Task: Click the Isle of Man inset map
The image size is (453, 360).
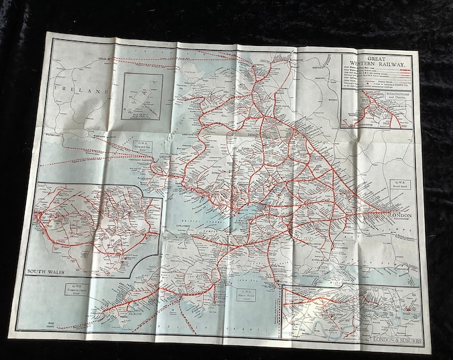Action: click(142, 96)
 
